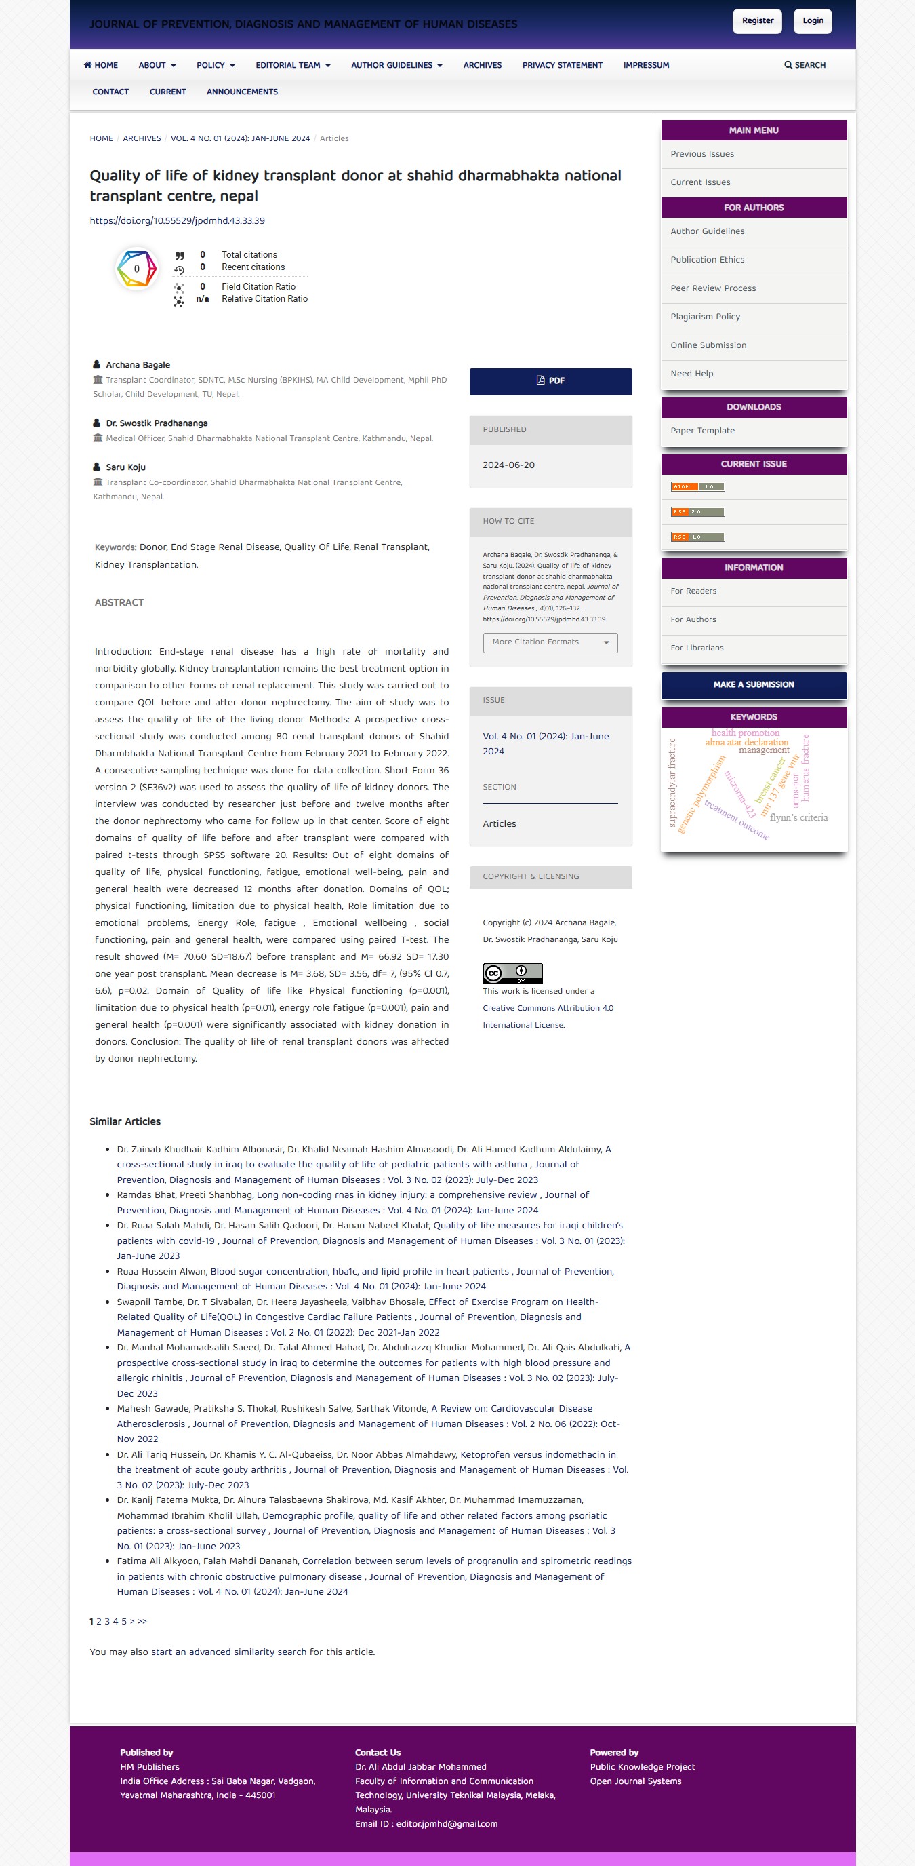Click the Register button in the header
click(x=757, y=21)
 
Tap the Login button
click(x=812, y=21)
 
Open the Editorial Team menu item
click(x=292, y=65)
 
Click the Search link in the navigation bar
click(x=805, y=65)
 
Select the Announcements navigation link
click(x=242, y=92)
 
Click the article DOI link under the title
click(x=178, y=221)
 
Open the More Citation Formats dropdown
click(x=550, y=642)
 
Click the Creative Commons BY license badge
click(x=512, y=973)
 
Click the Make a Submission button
click(x=753, y=684)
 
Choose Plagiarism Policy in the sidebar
click(x=704, y=317)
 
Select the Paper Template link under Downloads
click(x=701, y=430)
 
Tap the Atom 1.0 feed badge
click(x=697, y=487)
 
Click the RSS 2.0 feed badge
click(x=697, y=512)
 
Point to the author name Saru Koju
click(x=126, y=467)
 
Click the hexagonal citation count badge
click(x=136, y=269)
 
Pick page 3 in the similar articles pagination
click(x=107, y=1621)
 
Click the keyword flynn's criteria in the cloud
click(x=798, y=818)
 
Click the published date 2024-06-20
click(x=508, y=465)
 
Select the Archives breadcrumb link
click(x=142, y=138)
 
